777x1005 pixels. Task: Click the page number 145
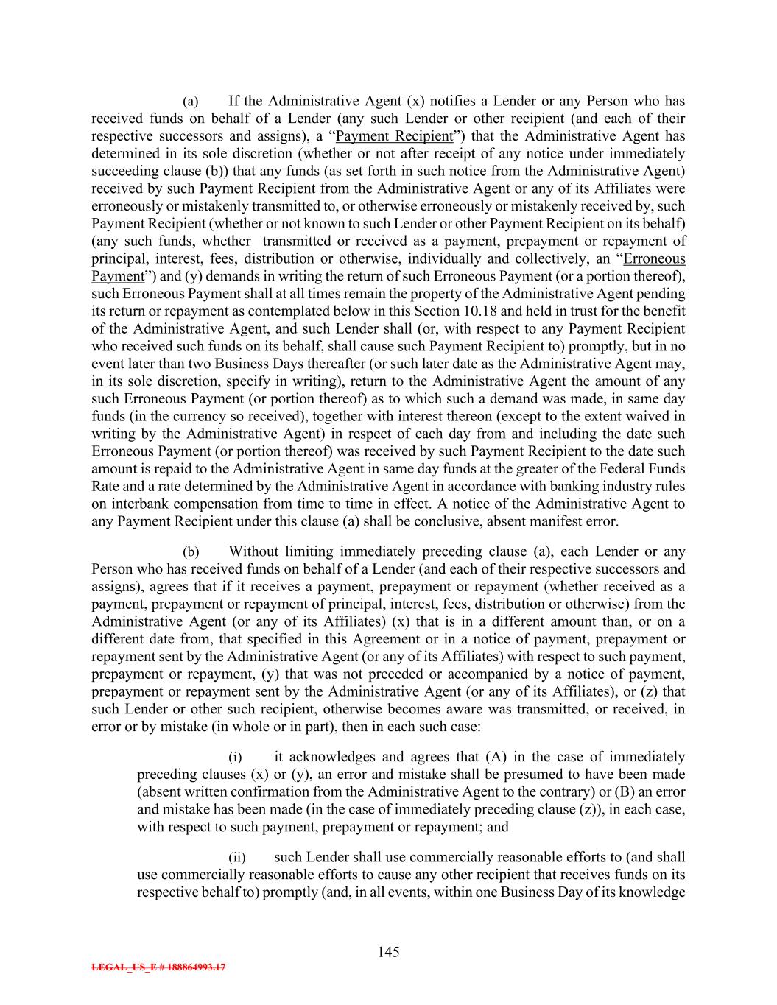[x=388, y=952]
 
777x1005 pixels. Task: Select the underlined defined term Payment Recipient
[x=394, y=136]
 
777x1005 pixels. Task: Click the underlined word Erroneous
[x=654, y=258]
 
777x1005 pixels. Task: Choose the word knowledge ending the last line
[x=654, y=892]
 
